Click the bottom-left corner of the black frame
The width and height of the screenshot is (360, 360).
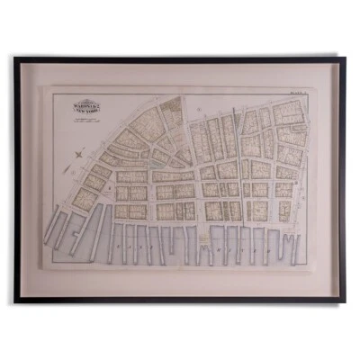[15, 301]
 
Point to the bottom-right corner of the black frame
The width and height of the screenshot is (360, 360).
[345, 301]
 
